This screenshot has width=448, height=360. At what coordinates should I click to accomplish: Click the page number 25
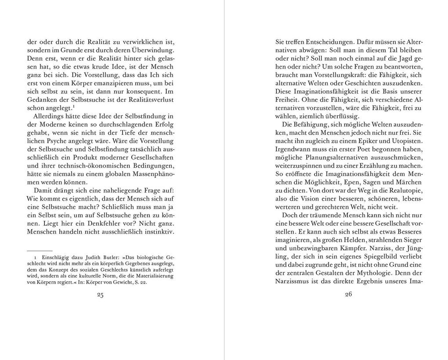click(x=100, y=295)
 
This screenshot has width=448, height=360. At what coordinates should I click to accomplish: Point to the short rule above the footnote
click(x=40, y=250)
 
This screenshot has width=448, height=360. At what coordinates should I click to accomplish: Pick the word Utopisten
click(x=406, y=141)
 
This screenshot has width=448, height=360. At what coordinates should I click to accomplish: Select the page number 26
click(x=348, y=295)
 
